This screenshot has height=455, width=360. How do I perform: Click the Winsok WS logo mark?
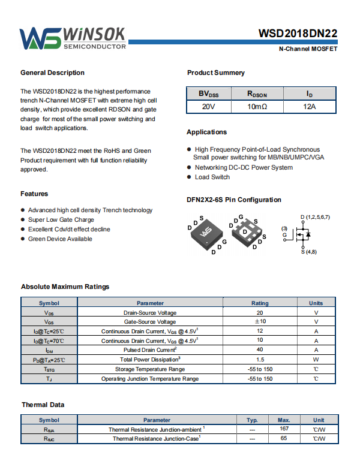click(x=40, y=38)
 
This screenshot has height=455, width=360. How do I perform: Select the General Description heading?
click(x=52, y=73)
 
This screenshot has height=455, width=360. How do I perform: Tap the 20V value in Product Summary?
click(x=208, y=107)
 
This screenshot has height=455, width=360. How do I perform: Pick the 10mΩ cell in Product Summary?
click(x=257, y=107)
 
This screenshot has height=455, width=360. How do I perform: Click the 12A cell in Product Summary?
click(x=309, y=107)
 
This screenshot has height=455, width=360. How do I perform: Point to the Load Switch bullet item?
click(x=212, y=177)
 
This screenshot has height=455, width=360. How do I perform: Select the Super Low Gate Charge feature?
click(x=61, y=219)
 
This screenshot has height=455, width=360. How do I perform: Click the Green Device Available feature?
click(x=60, y=239)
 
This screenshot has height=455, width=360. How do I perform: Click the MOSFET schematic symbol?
click(x=302, y=234)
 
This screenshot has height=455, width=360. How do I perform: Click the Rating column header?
click(x=260, y=303)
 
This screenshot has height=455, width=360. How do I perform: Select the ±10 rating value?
click(x=260, y=322)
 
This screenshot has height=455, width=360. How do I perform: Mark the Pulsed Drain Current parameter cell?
click(x=149, y=350)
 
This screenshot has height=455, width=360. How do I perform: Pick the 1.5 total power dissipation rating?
click(x=260, y=360)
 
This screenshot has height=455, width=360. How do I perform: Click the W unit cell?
click(x=316, y=360)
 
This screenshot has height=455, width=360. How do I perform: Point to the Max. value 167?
click(x=284, y=429)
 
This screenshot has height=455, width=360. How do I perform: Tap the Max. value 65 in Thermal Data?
click(x=284, y=438)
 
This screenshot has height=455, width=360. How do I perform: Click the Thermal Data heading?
click(x=43, y=405)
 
